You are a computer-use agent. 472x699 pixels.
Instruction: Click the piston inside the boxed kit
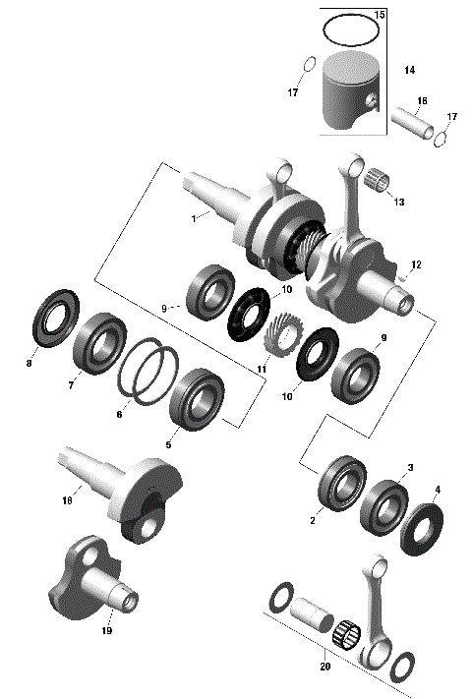pyautogui.click(x=348, y=94)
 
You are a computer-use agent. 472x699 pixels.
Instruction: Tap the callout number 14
pyautogui.click(x=409, y=71)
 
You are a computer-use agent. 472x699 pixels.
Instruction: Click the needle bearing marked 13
pyautogui.click(x=379, y=182)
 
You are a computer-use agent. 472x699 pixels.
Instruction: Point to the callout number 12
pyautogui.click(x=416, y=264)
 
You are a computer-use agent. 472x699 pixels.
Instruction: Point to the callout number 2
pyautogui.click(x=312, y=520)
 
